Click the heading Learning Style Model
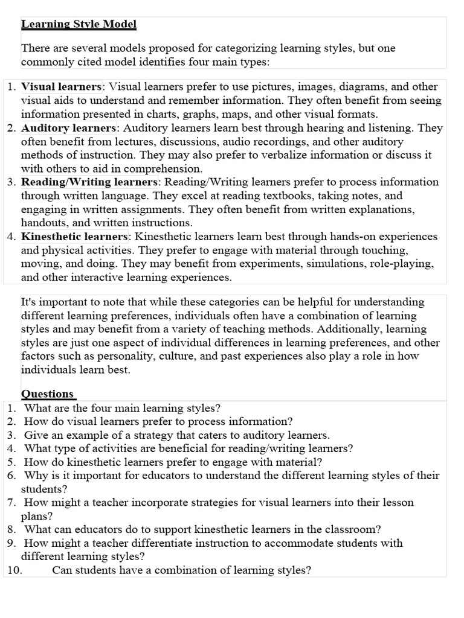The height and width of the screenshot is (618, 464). point(79,25)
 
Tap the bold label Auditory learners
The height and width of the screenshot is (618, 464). point(68,128)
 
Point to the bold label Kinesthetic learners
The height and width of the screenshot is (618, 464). point(74,237)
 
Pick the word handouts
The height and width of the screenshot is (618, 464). point(43,223)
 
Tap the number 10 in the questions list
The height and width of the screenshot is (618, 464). point(13,570)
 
